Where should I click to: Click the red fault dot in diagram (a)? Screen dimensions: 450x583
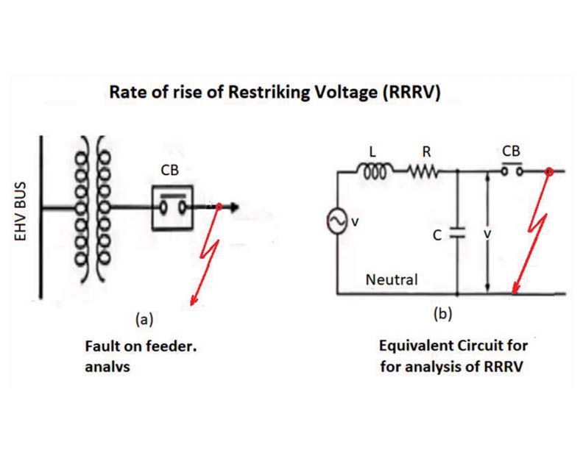(218, 207)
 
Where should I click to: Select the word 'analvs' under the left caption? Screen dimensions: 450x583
(106, 366)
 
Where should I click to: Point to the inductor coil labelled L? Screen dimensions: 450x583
(372, 171)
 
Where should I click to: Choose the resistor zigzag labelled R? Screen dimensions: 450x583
(425, 171)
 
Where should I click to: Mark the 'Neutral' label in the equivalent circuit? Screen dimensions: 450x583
(392, 279)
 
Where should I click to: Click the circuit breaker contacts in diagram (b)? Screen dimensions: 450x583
(511, 171)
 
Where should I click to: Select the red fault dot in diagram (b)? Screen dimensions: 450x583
(548, 171)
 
